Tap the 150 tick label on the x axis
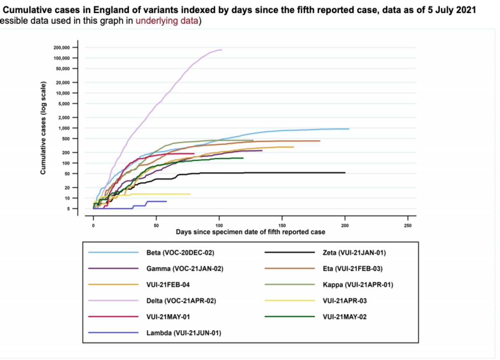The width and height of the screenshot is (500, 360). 282,225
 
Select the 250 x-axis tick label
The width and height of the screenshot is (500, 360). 408,225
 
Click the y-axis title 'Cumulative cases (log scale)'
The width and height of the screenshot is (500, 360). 43,127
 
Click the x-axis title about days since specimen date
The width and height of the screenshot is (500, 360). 250,231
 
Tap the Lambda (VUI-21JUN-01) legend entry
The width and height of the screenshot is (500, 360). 183,332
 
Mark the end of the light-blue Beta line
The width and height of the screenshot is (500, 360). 349,129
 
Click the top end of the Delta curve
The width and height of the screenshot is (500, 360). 222,50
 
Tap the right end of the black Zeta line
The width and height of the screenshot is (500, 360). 345,172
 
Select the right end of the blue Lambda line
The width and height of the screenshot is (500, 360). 166,201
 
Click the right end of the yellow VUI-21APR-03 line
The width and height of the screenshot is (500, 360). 190,194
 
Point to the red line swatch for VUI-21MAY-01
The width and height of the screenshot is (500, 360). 113,317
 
